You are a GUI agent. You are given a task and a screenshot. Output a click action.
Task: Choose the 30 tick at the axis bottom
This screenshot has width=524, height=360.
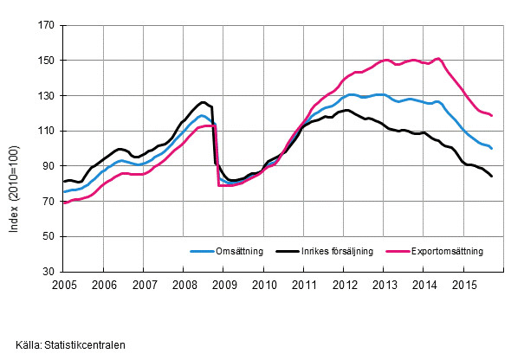[49, 272]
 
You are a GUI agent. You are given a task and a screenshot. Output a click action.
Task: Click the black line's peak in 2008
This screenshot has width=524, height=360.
[203, 102]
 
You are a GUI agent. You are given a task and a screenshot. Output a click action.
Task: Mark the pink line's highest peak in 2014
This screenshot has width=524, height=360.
[438, 58]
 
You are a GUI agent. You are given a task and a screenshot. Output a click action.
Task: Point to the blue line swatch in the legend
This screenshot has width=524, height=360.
[202, 252]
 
